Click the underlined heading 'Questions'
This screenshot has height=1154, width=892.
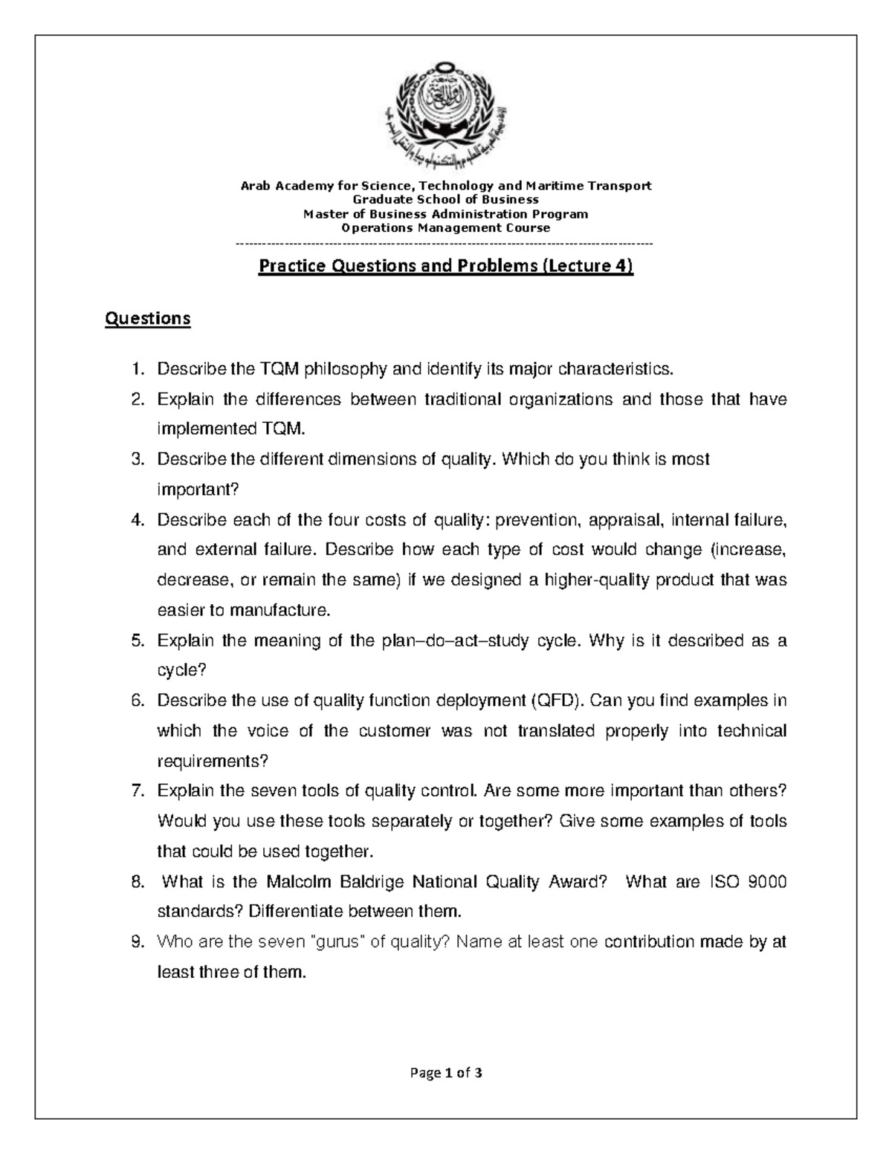pyautogui.click(x=148, y=319)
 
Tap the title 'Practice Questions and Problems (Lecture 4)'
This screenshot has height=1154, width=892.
pyautogui.click(x=445, y=266)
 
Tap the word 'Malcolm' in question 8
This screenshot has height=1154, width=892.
pyautogui.click(x=295, y=882)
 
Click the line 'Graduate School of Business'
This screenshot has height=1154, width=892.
pyautogui.click(x=445, y=199)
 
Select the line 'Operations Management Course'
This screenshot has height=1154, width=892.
pyautogui.click(x=445, y=228)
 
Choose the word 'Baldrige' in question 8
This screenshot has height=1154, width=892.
pyautogui.click(x=371, y=882)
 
